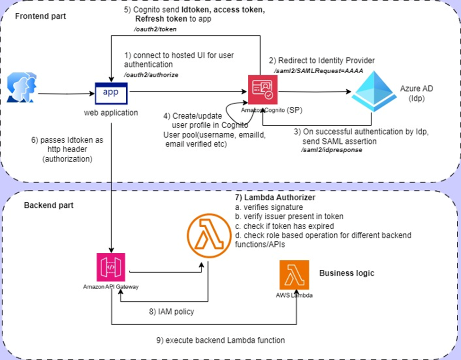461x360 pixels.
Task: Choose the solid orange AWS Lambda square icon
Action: (294, 274)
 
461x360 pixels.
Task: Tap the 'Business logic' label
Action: (347, 273)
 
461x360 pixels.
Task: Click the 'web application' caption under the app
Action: (111, 112)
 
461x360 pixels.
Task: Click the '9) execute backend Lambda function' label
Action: (220, 340)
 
